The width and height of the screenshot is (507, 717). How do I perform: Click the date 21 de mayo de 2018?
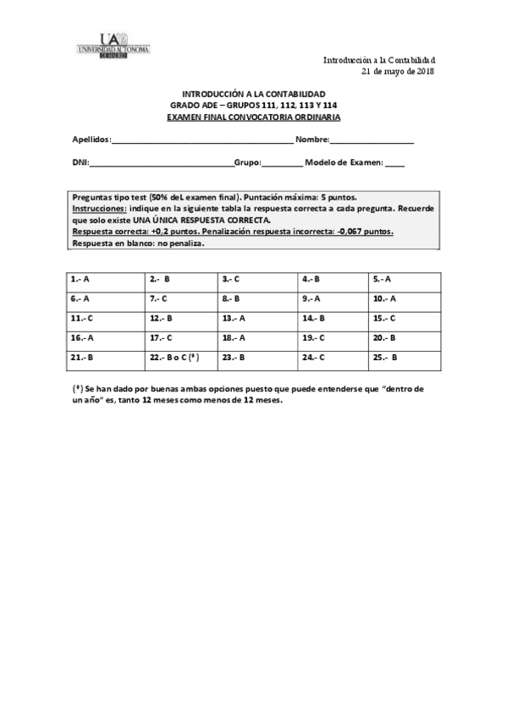pyautogui.click(x=398, y=72)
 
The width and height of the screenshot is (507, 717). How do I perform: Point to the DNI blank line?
pyautogui.click(x=160, y=164)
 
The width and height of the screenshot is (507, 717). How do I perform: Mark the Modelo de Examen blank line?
pyautogui.click(x=394, y=164)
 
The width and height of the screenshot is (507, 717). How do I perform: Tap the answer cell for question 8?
pyautogui.click(x=256, y=298)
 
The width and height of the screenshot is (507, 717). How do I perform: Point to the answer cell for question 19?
pyautogui.click(x=331, y=337)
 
